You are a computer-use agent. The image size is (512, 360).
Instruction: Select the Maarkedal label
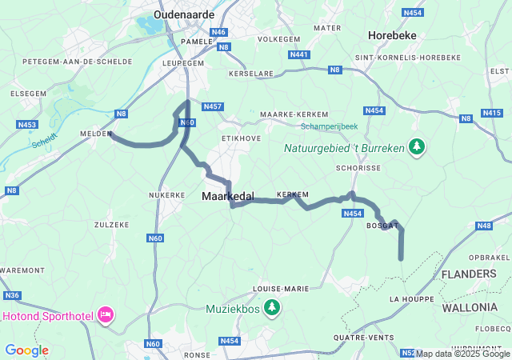[227, 196]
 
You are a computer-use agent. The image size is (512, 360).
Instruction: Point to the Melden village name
[95, 134]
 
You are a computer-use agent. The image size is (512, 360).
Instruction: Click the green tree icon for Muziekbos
[273, 307]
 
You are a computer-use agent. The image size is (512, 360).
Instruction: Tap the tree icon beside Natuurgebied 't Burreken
[416, 146]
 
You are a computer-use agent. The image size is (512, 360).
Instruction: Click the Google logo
[26, 350]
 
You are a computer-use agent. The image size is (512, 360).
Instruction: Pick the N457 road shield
[213, 106]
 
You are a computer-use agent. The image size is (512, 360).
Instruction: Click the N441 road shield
[298, 54]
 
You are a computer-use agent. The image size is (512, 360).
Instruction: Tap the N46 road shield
[220, 32]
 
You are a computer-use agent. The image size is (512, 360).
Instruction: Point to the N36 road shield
[12, 296]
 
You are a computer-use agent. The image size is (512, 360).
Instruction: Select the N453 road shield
[27, 125]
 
